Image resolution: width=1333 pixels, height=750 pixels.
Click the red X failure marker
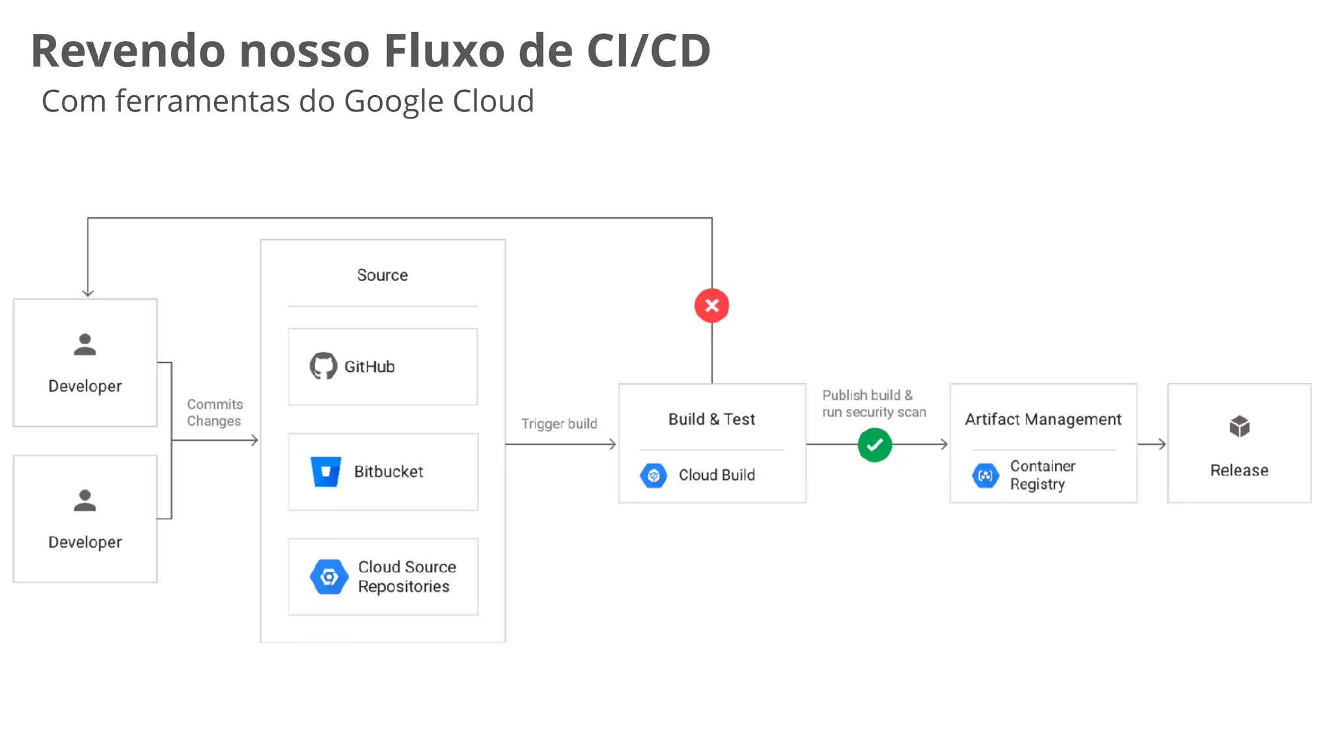click(x=711, y=305)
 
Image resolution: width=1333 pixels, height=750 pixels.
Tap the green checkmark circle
click(x=874, y=445)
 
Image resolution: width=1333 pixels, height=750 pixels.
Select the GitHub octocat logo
click(x=323, y=367)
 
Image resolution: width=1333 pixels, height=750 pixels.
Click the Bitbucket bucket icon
click(x=325, y=471)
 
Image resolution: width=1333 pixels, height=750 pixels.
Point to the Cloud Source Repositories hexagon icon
click(x=329, y=576)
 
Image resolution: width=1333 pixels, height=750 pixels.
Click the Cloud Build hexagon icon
click(x=653, y=475)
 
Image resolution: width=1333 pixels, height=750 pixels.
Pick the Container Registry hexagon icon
click(x=985, y=475)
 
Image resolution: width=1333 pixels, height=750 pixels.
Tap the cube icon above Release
click(x=1239, y=427)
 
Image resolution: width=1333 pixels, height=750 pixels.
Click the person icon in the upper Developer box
click(x=85, y=344)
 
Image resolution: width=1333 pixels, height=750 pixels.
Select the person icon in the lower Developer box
click(x=85, y=501)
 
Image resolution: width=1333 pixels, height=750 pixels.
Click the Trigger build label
click(x=558, y=424)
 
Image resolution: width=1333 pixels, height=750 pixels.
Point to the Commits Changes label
click(x=214, y=413)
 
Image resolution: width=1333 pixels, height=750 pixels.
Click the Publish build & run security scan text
click(x=873, y=404)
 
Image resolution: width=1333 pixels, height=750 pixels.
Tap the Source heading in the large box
click(x=382, y=275)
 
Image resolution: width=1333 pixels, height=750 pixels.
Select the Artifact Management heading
click(x=1043, y=419)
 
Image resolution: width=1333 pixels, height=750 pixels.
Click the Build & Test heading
click(x=711, y=419)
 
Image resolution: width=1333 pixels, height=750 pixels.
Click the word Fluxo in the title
click(x=444, y=51)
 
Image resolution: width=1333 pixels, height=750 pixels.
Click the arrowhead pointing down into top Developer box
click(x=88, y=293)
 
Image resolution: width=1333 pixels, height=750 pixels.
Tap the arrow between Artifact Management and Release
click(x=1152, y=445)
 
